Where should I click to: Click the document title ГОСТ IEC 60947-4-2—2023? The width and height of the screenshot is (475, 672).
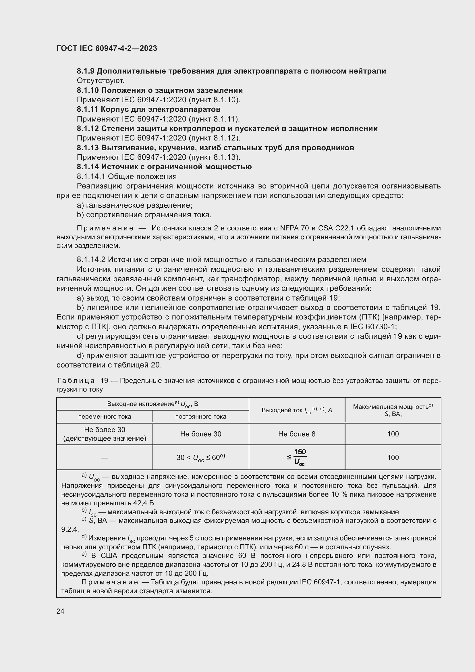[107, 49]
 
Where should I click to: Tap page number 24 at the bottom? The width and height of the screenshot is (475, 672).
[60, 611]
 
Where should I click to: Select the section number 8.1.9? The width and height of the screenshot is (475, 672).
[85, 71]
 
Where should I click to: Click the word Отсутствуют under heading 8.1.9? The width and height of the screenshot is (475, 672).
[101, 80]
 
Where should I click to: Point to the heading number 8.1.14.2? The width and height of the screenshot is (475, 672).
[91, 260]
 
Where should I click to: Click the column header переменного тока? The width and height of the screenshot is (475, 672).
[105, 417]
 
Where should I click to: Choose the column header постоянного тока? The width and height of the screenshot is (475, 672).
[201, 417]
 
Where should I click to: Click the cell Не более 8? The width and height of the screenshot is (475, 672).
[297, 434]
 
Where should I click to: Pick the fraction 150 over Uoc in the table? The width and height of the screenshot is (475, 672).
[299, 457]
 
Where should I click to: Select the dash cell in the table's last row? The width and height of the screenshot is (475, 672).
[105, 458]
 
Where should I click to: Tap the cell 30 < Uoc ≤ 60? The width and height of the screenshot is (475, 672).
[201, 457]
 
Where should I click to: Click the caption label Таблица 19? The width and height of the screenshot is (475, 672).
[82, 381]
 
